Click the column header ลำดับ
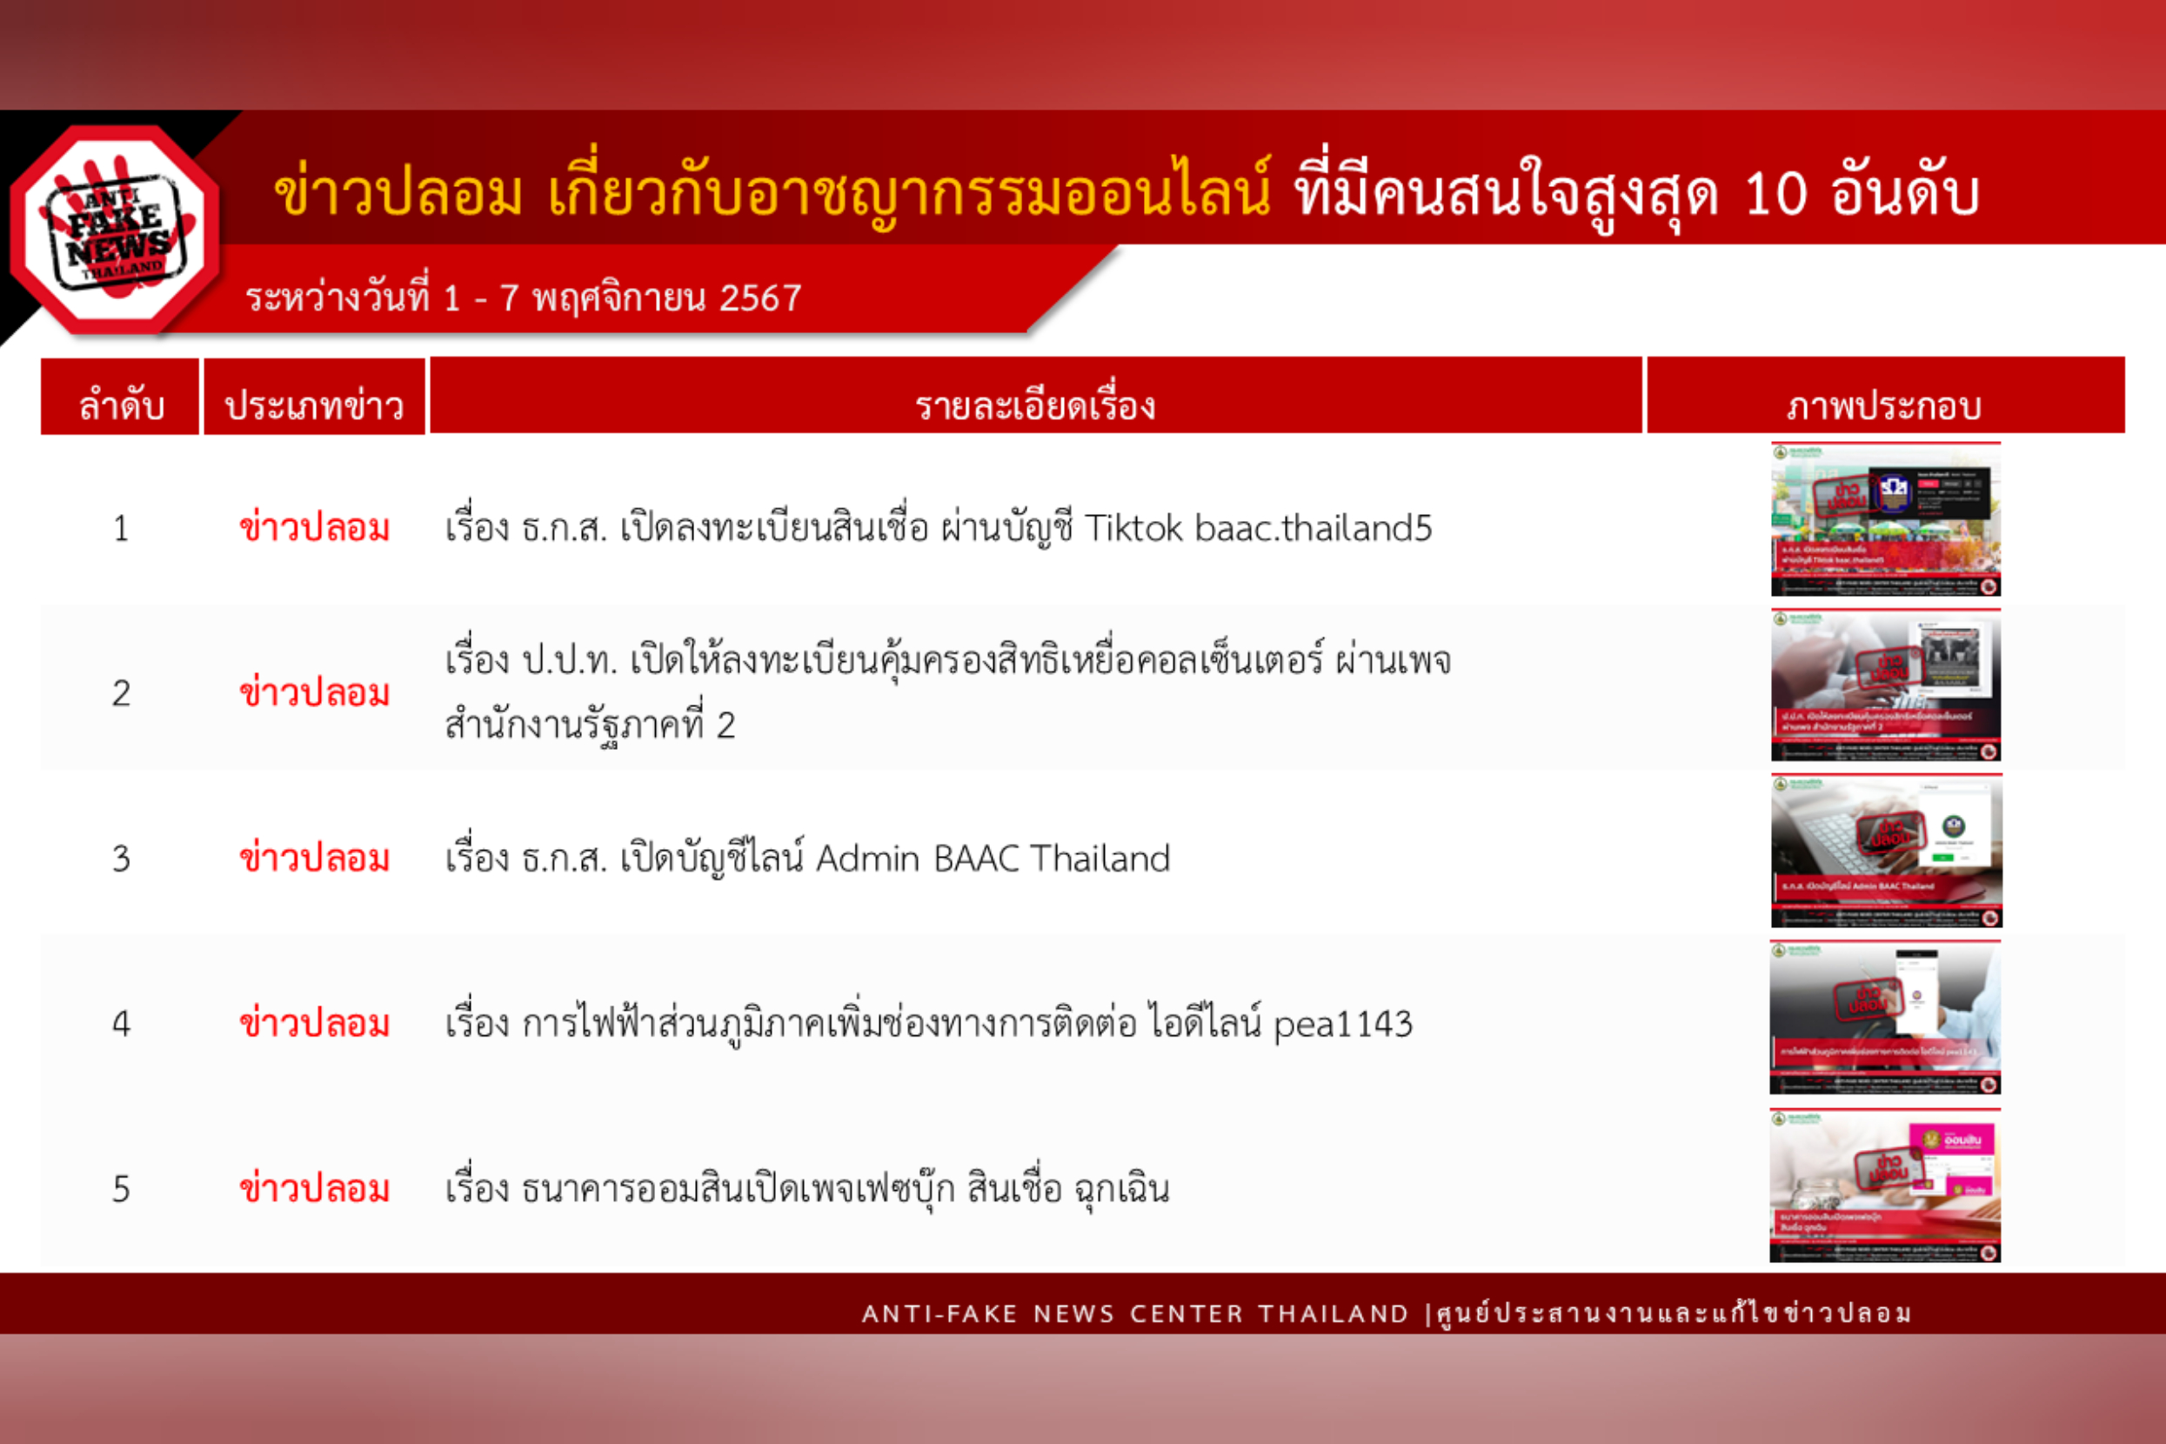(121, 405)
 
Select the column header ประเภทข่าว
(314, 405)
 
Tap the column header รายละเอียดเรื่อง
(1035, 405)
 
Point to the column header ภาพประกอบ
(1884, 405)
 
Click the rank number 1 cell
(121, 529)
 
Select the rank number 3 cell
(121, 859)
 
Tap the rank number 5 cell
(121, 1190)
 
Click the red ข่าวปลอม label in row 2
(314, 692)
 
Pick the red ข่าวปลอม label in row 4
(314, 1023)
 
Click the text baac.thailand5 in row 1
(1314, 529)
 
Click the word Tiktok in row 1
(1133, 529)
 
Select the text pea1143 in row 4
(1343, 1024)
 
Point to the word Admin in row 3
(867, 859)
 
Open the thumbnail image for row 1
(1885, 519)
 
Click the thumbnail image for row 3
(1885, 851)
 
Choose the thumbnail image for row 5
(1885, 1186)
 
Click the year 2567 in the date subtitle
(759, 298)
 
